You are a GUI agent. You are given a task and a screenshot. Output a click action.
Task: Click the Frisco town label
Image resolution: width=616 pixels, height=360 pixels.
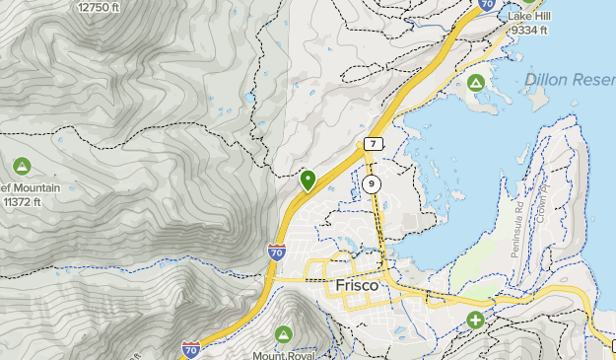[x=357, y=284]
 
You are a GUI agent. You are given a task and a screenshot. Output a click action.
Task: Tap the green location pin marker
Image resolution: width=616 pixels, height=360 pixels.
[x=308, y=180]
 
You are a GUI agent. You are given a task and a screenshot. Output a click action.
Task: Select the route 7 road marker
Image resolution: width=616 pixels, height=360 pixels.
[x=372, y=144]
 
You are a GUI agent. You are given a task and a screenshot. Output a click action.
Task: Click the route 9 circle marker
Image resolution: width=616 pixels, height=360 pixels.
[x=371, y=184]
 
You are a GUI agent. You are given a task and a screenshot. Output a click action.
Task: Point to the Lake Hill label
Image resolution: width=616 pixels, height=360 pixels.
[x=529, y=17]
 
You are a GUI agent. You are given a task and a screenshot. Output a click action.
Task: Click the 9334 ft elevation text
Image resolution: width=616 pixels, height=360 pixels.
[x=529, y=31]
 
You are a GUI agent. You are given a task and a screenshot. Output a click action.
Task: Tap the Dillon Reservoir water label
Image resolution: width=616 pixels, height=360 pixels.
[x=570, y=79]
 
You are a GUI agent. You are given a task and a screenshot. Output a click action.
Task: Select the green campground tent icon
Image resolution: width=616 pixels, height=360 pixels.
[x=477, y=82]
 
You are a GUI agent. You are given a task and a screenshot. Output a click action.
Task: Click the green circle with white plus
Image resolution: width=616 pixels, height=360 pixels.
[x=476, y=321]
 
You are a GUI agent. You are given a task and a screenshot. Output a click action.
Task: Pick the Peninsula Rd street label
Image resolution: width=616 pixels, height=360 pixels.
[x=517, y=230]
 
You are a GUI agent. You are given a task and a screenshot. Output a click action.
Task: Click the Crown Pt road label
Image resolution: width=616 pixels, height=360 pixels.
[x=540, y=202]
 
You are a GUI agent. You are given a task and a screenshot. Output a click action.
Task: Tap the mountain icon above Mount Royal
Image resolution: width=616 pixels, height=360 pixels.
[x=284, y=335]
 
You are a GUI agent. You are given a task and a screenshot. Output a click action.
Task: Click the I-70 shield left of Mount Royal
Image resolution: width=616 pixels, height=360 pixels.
[x=191, y=349]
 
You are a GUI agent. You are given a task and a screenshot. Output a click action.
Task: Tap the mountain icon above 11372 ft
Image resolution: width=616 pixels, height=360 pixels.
[x=22, y=167]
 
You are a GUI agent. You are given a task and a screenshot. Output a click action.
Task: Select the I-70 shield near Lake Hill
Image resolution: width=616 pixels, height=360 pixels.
[x=486, y=5]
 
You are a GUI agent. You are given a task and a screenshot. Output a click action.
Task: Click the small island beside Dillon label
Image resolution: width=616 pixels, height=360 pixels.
[x=537, y=98]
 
